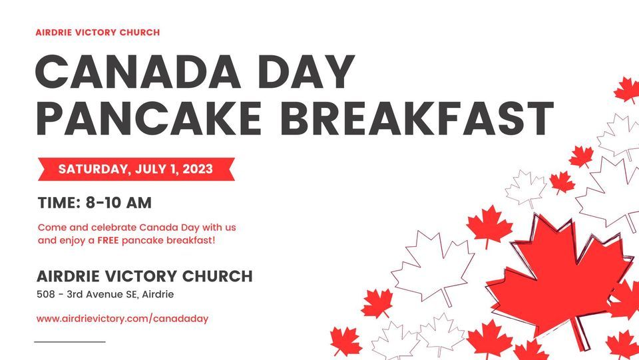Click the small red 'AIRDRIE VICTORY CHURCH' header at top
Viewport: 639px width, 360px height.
click(x=98, y=32)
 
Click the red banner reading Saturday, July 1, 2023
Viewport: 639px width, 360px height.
click(x=136, y=169)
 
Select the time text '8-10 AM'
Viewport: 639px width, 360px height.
click(x=124, y=202)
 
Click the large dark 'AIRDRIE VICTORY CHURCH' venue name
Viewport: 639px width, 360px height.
click(x=144, y=276)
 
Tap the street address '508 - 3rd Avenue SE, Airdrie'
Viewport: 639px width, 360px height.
click(x=105, y=294)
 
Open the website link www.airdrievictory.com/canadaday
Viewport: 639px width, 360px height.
click(x=122, y=319)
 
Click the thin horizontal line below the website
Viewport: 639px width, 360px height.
click(x=70, y=341)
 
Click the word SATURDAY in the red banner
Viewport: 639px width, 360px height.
click(x=91, y=169)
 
